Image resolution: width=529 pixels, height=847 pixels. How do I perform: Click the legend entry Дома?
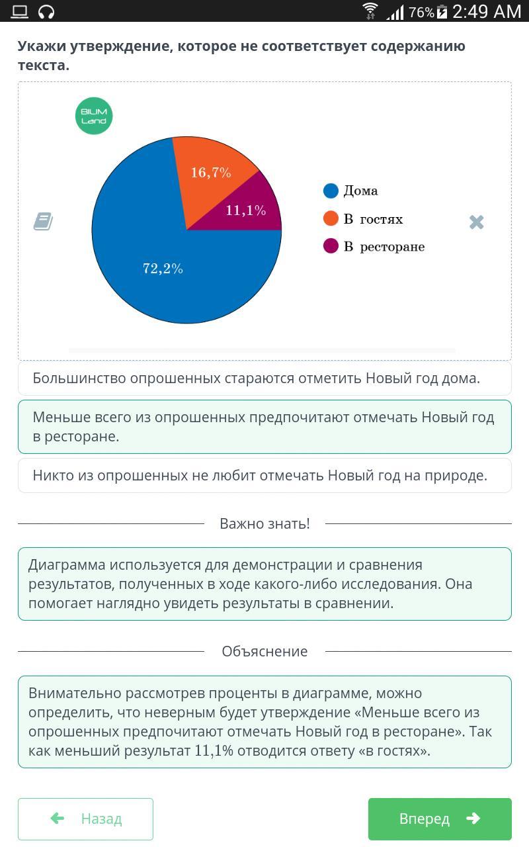(x=351, y=191)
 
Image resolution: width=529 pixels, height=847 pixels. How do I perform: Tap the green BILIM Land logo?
(x=94, y=116)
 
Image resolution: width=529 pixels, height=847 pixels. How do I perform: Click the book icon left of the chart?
(x=43, y=221)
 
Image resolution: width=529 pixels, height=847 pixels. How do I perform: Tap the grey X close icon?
(x=476, y=222)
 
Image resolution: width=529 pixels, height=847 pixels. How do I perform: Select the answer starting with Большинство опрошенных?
(x=264, y=378)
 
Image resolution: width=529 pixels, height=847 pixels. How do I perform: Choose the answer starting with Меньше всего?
(x=264, y=427)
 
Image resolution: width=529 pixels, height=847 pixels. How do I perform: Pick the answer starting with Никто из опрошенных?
(x=264, y=475)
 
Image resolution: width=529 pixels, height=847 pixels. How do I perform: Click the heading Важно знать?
(x=264, y=523)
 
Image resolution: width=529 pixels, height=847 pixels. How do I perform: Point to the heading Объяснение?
(x=264, y=651)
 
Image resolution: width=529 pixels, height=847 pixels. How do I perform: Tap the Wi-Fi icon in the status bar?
(x=370, y=11)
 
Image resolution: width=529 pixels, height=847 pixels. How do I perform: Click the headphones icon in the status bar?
(x=46, y=11)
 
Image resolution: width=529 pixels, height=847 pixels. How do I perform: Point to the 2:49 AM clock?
(x=487, y=11)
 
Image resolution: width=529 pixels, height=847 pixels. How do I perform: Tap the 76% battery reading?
(x=421, y=12)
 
